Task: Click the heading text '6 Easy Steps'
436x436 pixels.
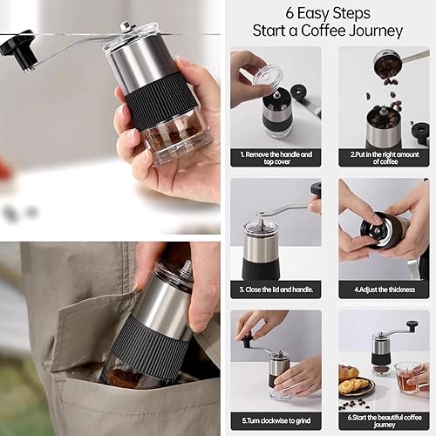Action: [328, 13]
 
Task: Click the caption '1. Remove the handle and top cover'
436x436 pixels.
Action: [276, 158]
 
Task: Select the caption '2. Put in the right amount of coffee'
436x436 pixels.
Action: [385, 158]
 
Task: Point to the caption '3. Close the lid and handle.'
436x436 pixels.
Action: [276, 290]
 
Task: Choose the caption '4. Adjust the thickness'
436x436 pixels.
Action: [385, 290]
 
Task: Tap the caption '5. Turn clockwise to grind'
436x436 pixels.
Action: [276, 420]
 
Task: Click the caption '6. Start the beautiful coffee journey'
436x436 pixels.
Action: [385, 421]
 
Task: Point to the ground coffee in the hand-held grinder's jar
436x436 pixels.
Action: [172, 134]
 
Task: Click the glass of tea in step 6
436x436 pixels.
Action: [408, 375]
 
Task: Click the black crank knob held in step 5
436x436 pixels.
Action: [246, 341]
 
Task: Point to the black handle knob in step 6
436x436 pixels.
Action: [412, 325]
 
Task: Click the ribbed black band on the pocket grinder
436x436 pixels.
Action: [150, 346]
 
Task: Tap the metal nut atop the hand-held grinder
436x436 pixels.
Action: [126, 26]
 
